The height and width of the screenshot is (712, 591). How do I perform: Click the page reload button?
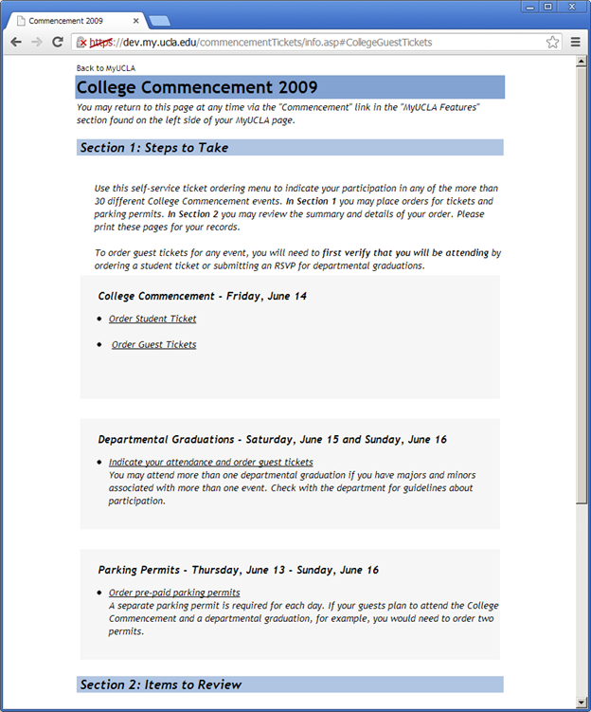(x=58, y=42)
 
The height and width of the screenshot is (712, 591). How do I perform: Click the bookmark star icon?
(x=553, y=42)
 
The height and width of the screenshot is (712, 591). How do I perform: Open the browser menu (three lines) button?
(x=576, y=42)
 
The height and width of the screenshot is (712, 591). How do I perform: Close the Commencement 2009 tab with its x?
(x=136, y=20)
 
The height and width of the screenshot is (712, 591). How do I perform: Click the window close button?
(x=571, y=7)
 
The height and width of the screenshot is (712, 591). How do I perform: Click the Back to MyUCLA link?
(x=105, y=68)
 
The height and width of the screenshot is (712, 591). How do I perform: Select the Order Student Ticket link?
(x=152, y=319)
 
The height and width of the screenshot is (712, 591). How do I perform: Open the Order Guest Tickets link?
(x=154, y=344)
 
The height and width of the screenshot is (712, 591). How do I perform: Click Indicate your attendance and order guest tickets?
(x=210, y=462)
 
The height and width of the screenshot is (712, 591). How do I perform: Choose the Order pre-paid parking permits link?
(x=174, y=593)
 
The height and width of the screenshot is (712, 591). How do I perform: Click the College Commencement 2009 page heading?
(x=197, y=87)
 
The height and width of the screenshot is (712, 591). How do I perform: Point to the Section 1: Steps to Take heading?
(x=154, y=148)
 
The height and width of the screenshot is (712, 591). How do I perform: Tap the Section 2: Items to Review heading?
(x=161, y=685)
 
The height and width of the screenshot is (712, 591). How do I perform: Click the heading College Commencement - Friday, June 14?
(x=202, y=296)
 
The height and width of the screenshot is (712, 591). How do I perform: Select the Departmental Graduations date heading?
(x=272, y=439)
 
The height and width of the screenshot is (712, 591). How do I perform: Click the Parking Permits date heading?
(x=238, y=570)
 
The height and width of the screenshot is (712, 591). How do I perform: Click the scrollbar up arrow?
(x=582, y=63)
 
